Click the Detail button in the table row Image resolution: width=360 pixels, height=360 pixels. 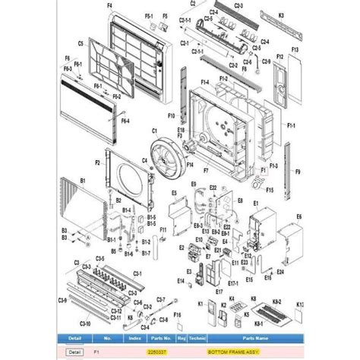(x=74, y=352)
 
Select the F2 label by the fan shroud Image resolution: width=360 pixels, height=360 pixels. (x=98, y=163)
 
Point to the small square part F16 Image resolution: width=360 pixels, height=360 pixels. (x=177, y=325)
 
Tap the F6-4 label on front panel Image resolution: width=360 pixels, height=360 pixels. (x=124, y=120)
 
